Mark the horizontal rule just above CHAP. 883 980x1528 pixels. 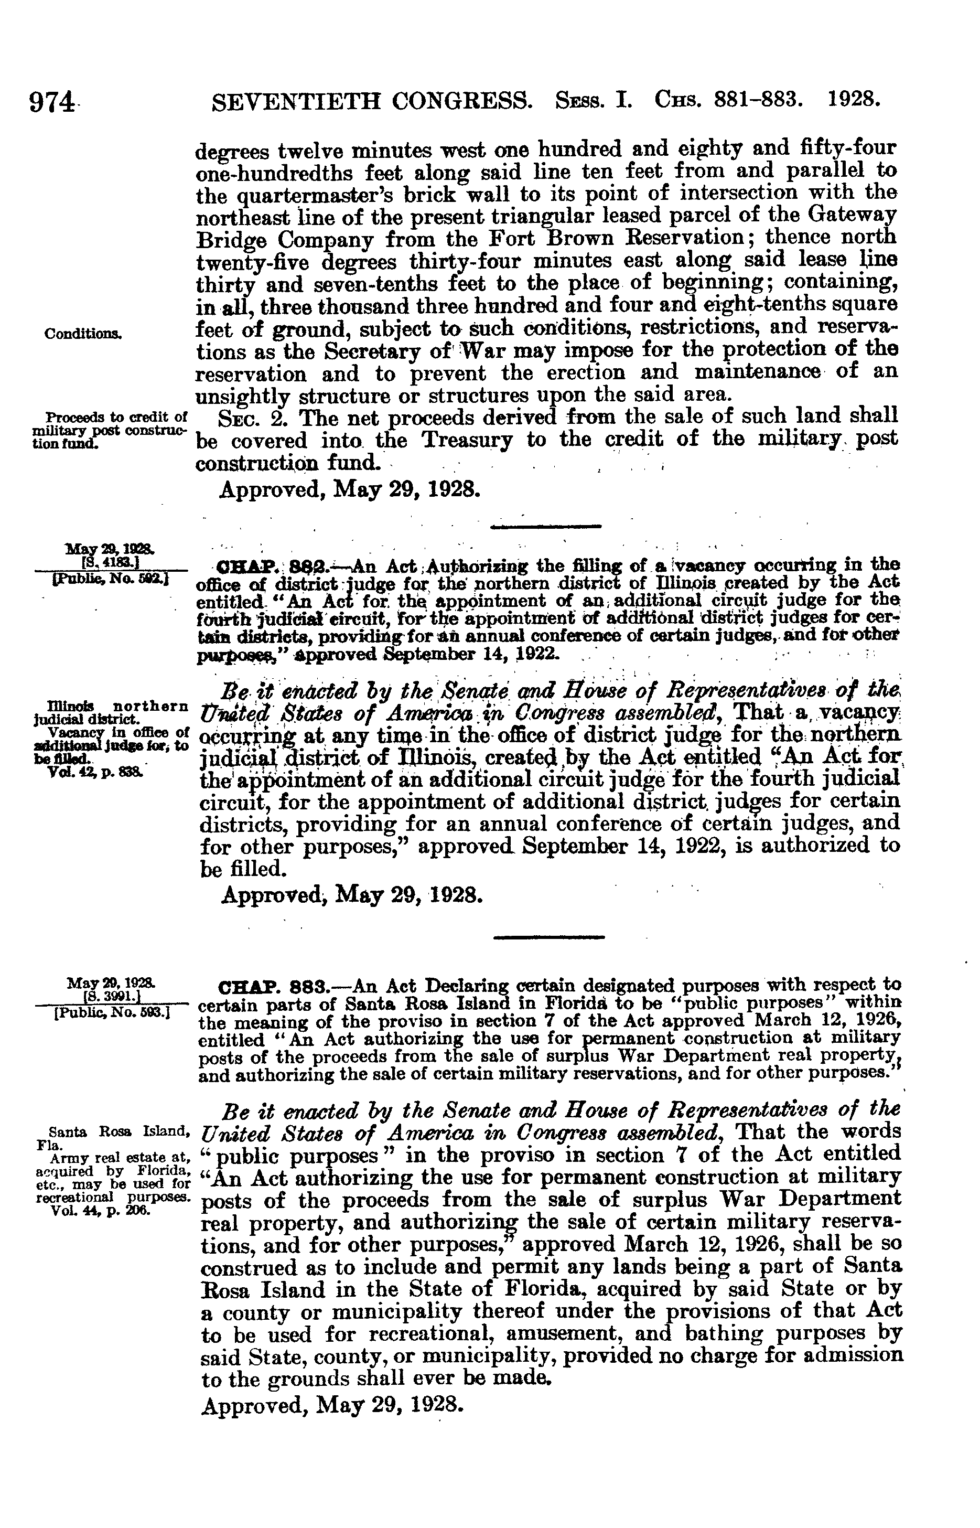click(548, 936)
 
